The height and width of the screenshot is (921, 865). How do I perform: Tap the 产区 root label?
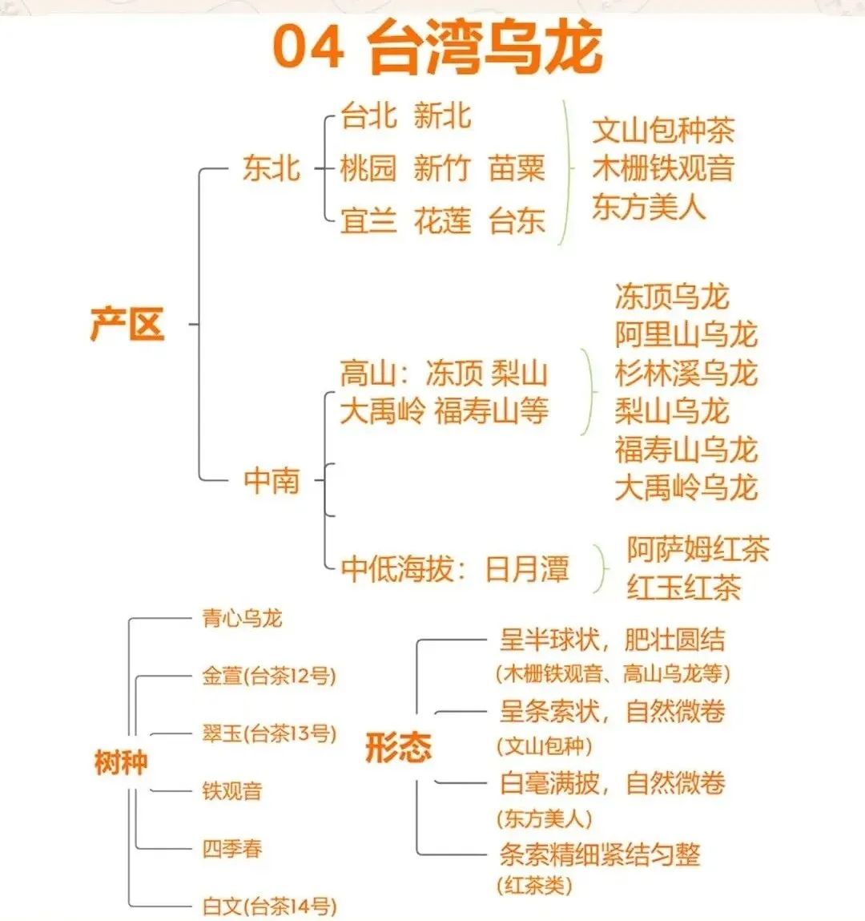(127, 324)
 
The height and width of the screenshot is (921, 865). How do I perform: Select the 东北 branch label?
(272, 168)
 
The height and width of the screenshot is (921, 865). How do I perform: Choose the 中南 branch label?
(272, 480)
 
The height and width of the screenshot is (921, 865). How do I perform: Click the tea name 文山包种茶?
(663, 131)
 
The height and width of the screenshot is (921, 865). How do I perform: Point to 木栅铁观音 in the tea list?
(663, 168)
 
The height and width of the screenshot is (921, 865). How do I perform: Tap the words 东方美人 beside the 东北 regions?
(649, 207)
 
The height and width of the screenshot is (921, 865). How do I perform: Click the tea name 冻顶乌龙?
(672, 296)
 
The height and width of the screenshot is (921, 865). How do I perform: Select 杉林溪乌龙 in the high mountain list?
(686, 374)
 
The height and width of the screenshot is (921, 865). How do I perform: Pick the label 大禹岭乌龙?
(686, 488)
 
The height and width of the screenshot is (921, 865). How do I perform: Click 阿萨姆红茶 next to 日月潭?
(698, 549)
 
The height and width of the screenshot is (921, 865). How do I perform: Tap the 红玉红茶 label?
(684, 588)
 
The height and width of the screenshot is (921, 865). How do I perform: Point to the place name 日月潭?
(527, 568)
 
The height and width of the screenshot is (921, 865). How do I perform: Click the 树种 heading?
(121, 762)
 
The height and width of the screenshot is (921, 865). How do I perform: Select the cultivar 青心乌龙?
(242, 618)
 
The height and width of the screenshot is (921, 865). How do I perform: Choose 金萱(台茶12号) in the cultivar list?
(269, 676)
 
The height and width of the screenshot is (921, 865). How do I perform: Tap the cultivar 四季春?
(231, 849)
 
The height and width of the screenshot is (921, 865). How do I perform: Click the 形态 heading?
(399, 747)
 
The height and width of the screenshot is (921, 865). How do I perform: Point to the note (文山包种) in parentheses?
(544, 746)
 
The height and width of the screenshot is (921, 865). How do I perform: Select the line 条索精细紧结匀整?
(600, 854)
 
